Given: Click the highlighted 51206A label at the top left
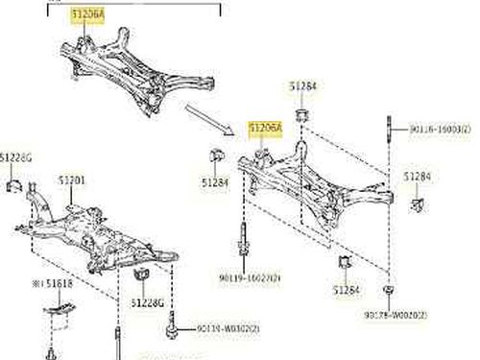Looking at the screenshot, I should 84,14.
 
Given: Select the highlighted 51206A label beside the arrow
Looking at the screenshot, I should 266,127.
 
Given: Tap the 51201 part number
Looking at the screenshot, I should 73,179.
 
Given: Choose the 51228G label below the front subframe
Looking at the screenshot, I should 149,303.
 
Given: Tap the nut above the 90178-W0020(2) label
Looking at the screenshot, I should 386,290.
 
